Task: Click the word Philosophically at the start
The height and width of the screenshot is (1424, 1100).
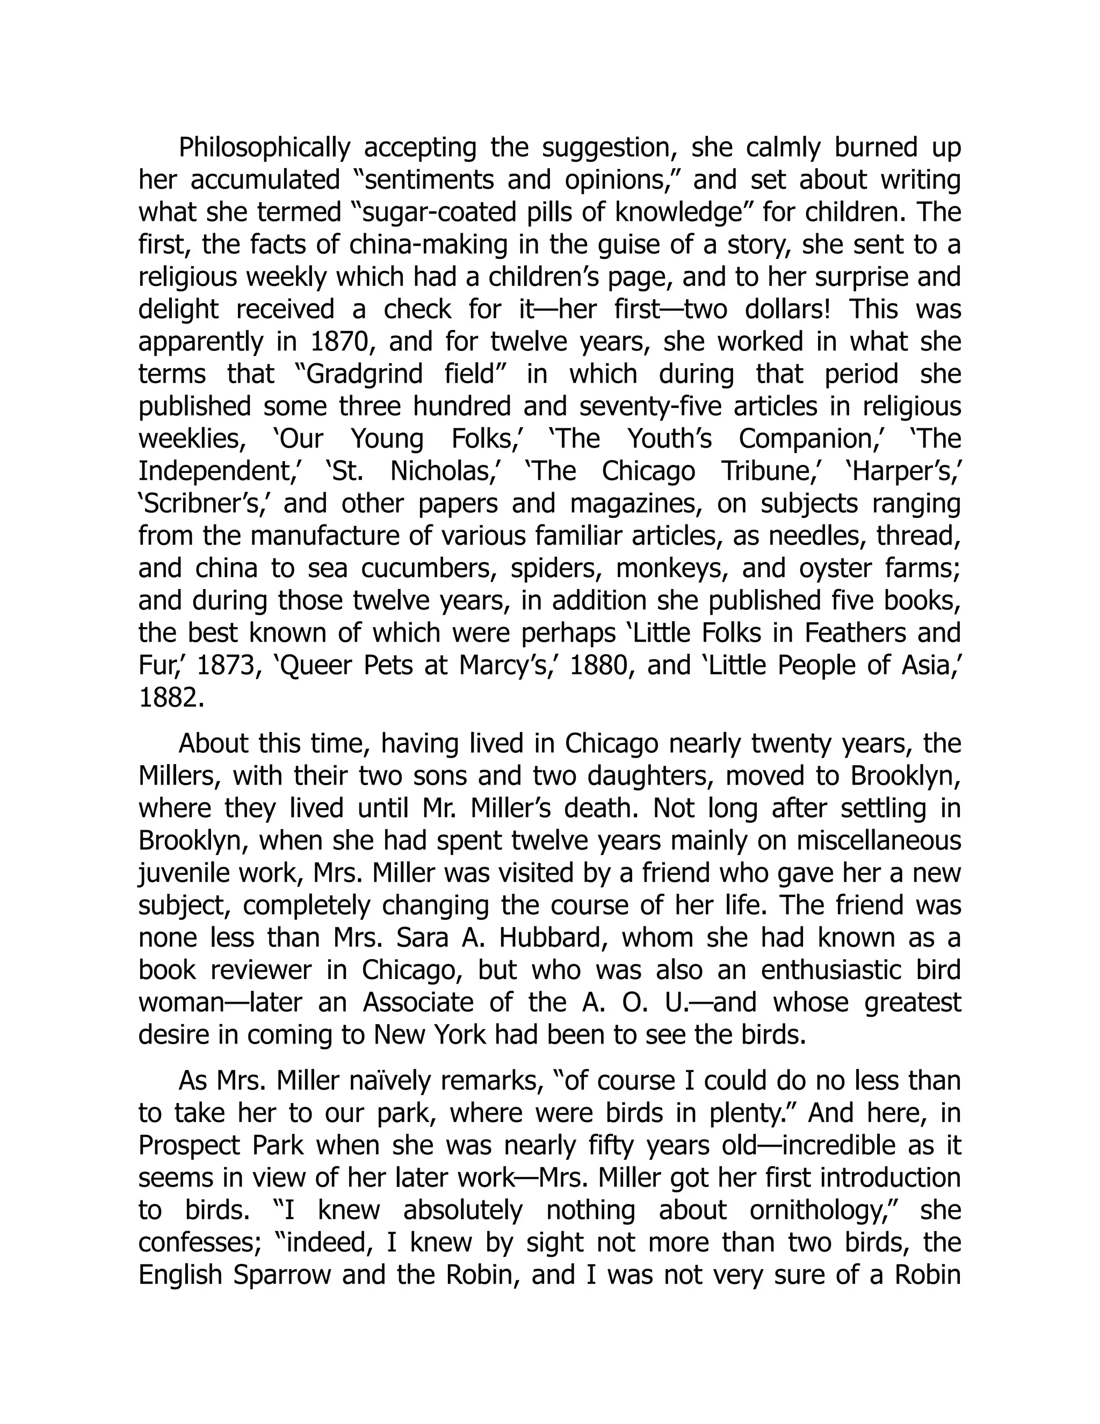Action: coord(265,148)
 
